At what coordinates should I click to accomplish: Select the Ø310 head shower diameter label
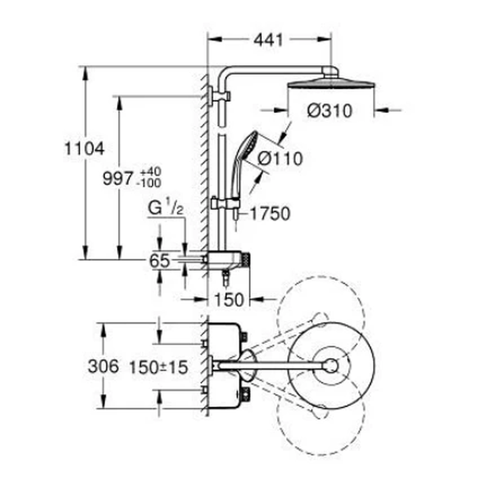click(x=330, y=110)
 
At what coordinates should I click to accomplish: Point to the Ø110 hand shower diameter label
click(x=280, y=159)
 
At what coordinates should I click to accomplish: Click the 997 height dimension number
click(x=118, y=178)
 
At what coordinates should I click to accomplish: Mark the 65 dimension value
click(x=159, y=261)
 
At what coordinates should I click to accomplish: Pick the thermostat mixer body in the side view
click(x=226, y=260)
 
